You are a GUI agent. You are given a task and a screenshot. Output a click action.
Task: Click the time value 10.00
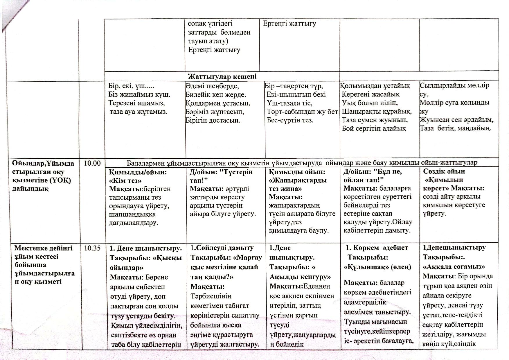pos(92,163)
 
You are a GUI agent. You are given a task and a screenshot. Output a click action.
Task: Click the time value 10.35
pos(92,248)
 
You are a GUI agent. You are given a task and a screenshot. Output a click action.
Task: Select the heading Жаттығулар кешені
pos(222,76)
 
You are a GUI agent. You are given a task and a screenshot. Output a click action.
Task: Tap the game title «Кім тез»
pos(125,180)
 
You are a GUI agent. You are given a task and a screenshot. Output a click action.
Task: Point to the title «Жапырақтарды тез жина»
pos(298,184)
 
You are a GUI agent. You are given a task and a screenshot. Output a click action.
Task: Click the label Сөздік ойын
pos(444,171)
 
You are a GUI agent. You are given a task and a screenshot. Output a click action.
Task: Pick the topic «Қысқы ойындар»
pos(146,262)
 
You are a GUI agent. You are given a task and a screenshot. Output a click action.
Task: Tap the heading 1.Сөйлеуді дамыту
pos(222,248)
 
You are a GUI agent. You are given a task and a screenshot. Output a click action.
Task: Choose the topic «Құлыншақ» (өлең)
pos(377,267)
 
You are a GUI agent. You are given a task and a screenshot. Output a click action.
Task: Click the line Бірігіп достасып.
pos(213,120)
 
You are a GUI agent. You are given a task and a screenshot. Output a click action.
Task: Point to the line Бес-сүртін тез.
pos(290,120)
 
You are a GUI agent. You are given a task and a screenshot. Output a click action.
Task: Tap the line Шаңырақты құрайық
pos(377,112)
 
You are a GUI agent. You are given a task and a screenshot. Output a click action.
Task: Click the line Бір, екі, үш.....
pos(131,86)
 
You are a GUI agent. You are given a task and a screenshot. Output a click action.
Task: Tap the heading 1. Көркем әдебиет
pos(377,248)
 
